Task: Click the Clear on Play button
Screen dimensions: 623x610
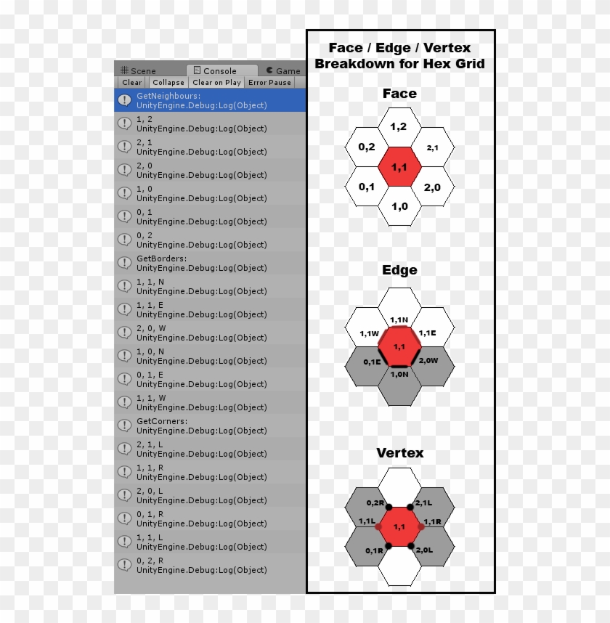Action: (x=216, y=83)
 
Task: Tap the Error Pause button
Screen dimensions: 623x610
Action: (x=269, y=83)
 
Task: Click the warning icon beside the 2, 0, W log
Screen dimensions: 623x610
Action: (x=124, y=333)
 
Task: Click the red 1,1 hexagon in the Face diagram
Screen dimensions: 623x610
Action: (x=399, y=167)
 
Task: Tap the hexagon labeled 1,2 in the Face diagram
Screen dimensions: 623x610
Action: (x=399, y=127)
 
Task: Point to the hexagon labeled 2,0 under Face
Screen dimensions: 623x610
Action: (x=432, y=187)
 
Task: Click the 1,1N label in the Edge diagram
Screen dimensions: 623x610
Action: (x=399, y=319)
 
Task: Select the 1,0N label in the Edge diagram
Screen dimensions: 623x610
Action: (x=399, y=374)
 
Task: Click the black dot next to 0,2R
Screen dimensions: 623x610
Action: (x=389, y=507)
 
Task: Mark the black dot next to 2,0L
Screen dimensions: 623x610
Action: (x=410, y=545)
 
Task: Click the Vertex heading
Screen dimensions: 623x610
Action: (x=399, y=453)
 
